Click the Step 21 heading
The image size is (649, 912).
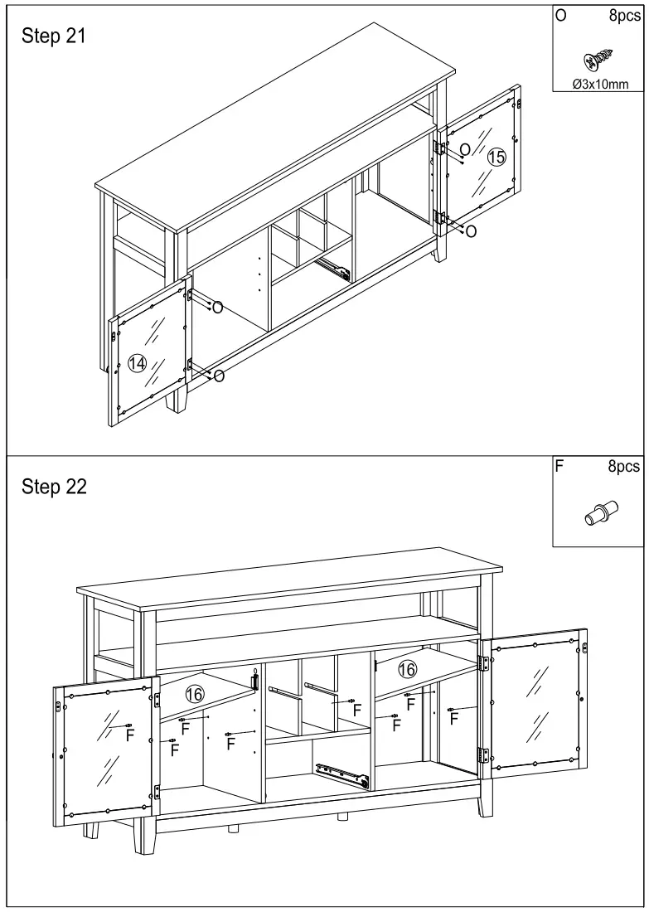[x=54, y=37]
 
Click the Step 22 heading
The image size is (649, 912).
[x=54, y=487]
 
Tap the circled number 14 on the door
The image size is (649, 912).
[x=137, y=362]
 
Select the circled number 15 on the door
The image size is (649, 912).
[x=496, y=157]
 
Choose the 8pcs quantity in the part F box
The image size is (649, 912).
[x=624, y=467]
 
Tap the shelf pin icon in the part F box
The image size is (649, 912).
[x=601, y=510]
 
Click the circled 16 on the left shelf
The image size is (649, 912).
[x=195, y=694]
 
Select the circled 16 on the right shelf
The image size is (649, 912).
[x=407, y=667]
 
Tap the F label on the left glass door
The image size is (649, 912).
[x=129, y=735]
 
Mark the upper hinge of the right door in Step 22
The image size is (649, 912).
[x=484, y=663]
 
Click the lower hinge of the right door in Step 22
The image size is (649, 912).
[x=482, y=754]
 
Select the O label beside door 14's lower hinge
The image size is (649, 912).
[x=219, y=376]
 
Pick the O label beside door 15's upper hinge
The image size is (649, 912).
[x=465, y=149]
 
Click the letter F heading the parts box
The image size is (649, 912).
[x=559, y=467]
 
